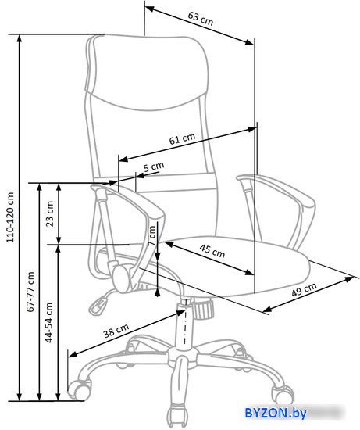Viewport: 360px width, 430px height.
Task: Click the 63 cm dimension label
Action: tap(200, 19)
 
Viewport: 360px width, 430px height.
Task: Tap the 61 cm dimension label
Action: tap(182, 138)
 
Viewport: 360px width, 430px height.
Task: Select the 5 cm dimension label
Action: tap(154, 167)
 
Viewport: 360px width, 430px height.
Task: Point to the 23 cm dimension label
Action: tap(50, 213)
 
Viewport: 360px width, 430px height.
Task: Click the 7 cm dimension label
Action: tap(151, 235)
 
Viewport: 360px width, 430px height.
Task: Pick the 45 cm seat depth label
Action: tap(212, 251)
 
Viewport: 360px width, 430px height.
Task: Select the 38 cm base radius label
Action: tap(116, 331)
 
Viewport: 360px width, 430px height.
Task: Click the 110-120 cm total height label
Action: tap(10, 217)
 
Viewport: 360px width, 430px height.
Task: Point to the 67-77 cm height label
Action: tap(30, 292)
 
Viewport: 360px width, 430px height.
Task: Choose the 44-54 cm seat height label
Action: tap(48, 322)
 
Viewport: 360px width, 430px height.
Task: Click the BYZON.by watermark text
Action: tap(276, 413)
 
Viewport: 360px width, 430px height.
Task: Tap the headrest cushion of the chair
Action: tap(147, 73)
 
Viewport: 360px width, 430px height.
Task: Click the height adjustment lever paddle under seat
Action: tap(98, 306)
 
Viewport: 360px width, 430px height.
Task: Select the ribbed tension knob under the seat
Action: tap(203, 309)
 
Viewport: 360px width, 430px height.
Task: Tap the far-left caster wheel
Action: tap(80, 389)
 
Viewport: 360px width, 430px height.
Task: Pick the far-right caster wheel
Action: tap(283, 394)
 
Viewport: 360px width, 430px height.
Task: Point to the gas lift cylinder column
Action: tap(184, 324)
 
